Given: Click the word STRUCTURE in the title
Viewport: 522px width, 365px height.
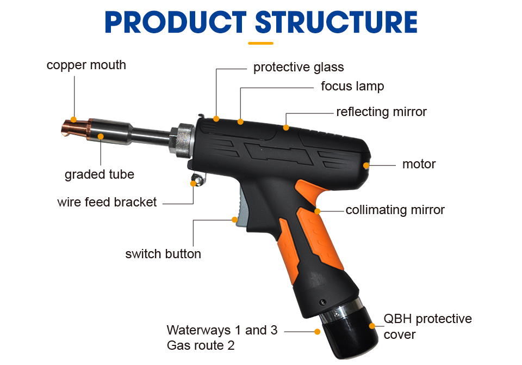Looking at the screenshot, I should [336, 22].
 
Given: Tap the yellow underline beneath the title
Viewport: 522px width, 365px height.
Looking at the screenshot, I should [260, 42].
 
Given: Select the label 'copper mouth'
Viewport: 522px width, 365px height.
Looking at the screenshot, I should [86, 65].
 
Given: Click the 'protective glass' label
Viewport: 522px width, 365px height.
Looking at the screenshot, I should [299, 68].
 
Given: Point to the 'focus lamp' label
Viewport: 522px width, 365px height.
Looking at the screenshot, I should [352, 86].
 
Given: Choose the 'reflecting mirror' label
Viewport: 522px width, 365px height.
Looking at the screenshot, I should [381, 112].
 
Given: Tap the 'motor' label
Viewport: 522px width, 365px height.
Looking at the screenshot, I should [419, 164].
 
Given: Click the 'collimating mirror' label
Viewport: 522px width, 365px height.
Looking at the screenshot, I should [395, 210].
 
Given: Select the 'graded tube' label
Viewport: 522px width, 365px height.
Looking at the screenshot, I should [99, 175].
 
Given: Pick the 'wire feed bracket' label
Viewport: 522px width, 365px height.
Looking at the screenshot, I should [107, 202].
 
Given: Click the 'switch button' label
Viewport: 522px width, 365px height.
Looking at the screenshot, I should [163, 254].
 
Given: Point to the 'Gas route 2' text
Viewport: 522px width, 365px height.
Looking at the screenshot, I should [200, 345].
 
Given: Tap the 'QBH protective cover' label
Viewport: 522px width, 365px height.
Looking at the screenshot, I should [427, 326].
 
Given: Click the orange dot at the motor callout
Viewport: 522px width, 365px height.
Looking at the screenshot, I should [366, 165].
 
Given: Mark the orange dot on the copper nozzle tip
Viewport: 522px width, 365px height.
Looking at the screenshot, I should [74, 121].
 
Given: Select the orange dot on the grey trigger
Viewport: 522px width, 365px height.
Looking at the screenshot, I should [235, 220].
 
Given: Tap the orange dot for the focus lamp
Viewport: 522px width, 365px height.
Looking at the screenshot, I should [240, 122].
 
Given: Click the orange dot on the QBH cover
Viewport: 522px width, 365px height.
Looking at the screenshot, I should [372, 326].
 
